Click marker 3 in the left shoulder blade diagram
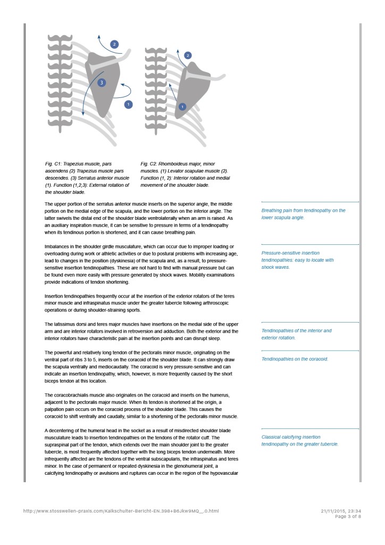click(102, 82)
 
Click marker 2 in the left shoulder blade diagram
click(114, 44)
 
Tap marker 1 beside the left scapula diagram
click(128, 104)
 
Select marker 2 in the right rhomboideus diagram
click(188, 55)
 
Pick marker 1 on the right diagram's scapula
click(182, 106)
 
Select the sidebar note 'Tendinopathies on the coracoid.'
click(295, 359)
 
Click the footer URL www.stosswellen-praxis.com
click(121, 511)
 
